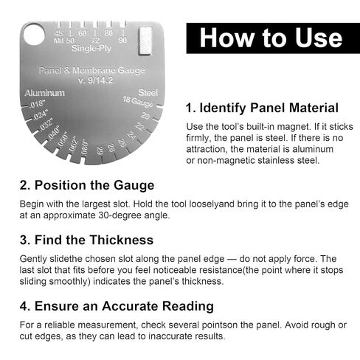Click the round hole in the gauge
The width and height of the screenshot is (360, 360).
[x=33, y=35]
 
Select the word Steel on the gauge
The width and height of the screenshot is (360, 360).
[x=148, y=93]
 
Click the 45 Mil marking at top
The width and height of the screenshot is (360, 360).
[x=59, y=36]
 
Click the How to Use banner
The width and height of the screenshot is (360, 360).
[x=271, y=38]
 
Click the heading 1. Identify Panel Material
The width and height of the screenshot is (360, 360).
[x=262, y=107]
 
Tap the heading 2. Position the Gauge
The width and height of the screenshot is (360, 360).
[x=87, y=184]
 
